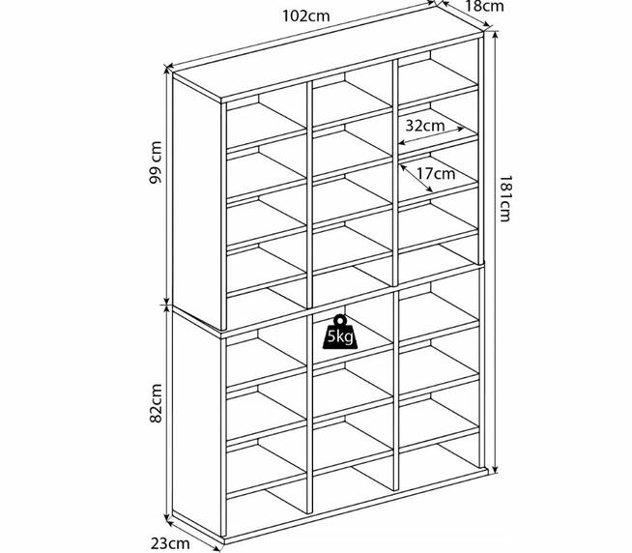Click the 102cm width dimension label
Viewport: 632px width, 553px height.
click(x=306, y=16)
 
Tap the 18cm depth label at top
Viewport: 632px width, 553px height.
click(x=484, y=6)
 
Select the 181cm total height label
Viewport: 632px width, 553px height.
click(x=505, y=198)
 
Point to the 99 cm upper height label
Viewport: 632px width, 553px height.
click(x=156, y=162)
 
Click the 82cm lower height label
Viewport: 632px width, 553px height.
click(x=156, y=403)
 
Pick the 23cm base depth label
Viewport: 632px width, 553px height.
click(x=170, y=543)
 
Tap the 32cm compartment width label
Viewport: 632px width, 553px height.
click(x=425, y=126)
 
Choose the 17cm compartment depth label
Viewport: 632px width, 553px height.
click(x=436, y=174)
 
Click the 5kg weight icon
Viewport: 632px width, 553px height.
click(x=340, y=333)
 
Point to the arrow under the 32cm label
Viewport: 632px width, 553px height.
click(x=431, y=136)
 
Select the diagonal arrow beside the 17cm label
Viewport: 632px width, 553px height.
click(x=417, y=178)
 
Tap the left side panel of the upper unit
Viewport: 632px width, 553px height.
click(x=197, y=202)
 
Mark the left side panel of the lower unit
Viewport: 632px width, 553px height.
click(x=197, y=423)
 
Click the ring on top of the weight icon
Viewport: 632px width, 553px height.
click(x=340, y=320)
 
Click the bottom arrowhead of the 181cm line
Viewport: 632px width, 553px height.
click(x=496, y=470)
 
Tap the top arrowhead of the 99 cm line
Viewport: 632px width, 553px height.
click(x=167, y=70)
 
